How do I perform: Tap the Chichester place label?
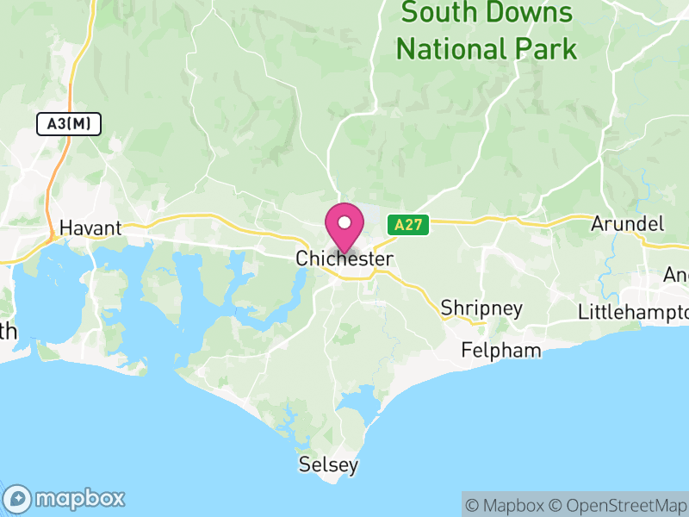[344, 258]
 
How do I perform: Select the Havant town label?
[90, 229]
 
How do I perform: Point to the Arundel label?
[628, 224]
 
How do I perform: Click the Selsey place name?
[327, 465]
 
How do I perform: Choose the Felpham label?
[501, 351]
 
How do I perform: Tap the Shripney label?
[481, 308]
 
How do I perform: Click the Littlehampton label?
[633, 311]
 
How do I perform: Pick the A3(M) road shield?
[69, 124]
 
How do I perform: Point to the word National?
[450, 48]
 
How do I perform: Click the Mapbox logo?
[65, 498]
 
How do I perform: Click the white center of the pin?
[344, 221]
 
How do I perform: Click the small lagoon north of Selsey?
[357, 402]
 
